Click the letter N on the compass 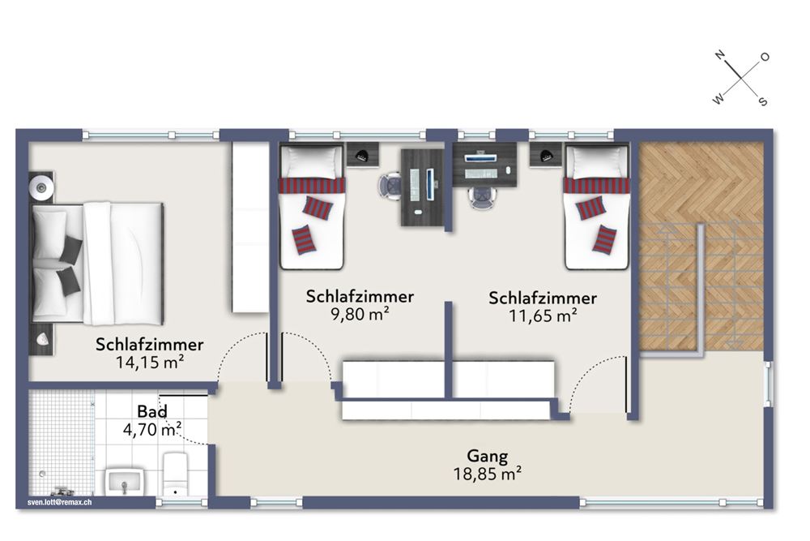click(x=718, y=56)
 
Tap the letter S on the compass click(x=762, y=101)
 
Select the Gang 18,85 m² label click(x=487, y=463)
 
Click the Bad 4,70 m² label click(x=151, y=420)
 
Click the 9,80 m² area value click(x=360, y=314)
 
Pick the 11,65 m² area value click(x=543, y=316)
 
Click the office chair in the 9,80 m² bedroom click(x=391, y=186)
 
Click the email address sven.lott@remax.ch click(x=60, y=502)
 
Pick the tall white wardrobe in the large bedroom click(x=250, y=227)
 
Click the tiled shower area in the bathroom click(x=61, y=442)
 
